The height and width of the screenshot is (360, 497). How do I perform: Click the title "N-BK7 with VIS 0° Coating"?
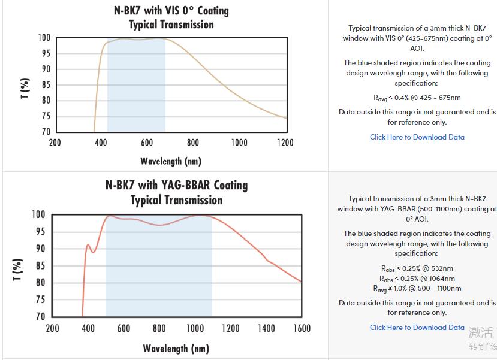click(171, 11)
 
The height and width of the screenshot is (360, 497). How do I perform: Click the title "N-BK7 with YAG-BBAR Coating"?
click(176, 184)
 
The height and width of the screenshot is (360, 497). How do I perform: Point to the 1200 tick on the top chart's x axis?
click(285, 143)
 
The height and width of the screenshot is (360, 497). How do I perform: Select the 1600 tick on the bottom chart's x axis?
click(302, 328)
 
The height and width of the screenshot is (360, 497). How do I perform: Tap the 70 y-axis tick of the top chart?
click(45, 132)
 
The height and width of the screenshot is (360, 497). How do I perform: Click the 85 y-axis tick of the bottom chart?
click(40, 265)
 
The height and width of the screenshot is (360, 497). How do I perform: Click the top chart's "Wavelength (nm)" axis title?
click(171, 161)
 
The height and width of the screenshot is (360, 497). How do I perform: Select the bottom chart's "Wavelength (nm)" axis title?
click(176, 349)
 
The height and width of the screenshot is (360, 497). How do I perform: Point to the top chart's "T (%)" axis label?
click(25, 88)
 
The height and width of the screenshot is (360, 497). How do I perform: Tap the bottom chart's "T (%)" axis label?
click(17, 270)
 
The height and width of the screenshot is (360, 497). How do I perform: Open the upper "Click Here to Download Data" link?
click(417, 137)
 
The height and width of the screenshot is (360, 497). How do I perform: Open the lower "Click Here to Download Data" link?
click(417, 328)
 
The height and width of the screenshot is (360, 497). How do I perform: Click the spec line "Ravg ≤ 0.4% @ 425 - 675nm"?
click(417, 98)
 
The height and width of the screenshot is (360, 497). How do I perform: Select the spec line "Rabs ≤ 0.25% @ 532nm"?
click(417, 268)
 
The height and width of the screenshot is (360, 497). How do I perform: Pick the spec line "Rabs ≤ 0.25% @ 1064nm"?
click(417, 279)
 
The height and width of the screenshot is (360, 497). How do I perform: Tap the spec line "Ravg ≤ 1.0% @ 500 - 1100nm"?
click(417, 288)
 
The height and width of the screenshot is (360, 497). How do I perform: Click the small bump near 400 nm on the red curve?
click(88, 245)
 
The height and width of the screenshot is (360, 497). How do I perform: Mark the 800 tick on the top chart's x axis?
click(193, 143)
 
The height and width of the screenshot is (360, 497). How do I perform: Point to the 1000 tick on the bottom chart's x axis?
click(195, 328)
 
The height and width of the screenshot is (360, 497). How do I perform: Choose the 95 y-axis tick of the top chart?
click(45, 53)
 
